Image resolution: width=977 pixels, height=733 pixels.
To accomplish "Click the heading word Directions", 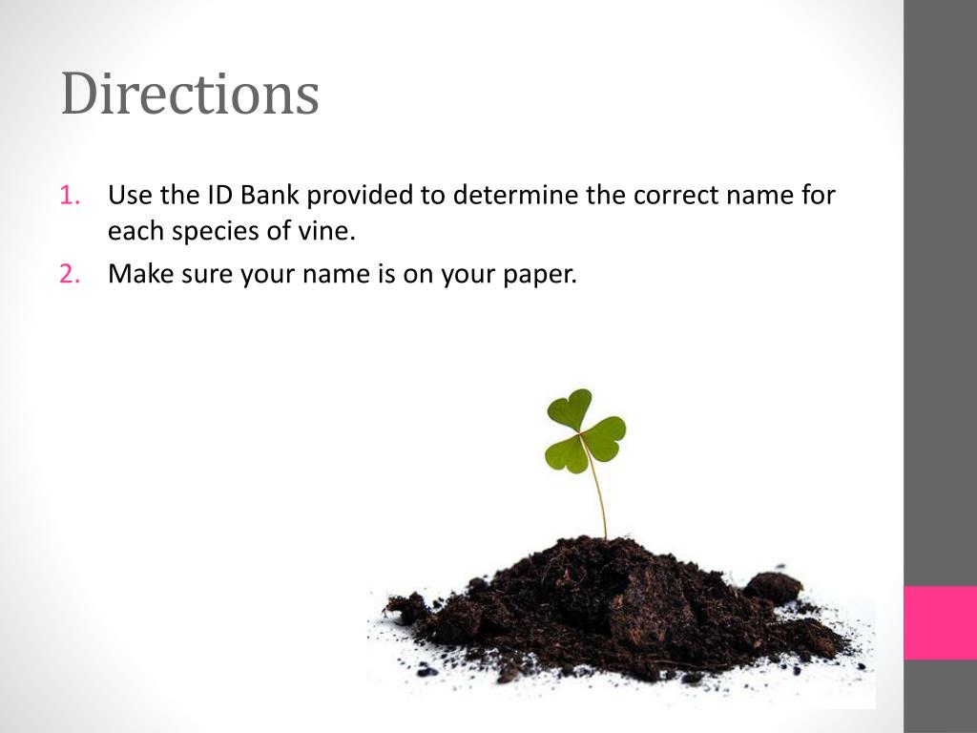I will pos(190,94).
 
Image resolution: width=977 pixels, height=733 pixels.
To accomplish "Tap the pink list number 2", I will pos(69,275).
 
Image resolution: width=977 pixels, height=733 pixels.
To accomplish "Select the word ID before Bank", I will pos(218,197).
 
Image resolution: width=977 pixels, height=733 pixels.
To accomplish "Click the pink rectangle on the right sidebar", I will pos(940,622).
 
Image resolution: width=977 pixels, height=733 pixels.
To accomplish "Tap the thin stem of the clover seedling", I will pos(597,492).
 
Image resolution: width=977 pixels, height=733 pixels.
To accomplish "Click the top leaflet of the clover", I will pos(570,409).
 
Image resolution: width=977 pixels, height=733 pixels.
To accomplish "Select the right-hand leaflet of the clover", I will pos(605,438).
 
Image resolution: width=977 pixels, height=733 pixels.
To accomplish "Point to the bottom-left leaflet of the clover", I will pos(565,453).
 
